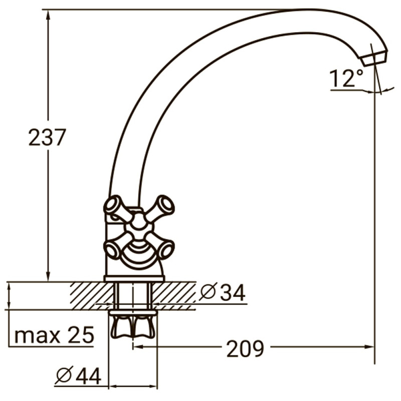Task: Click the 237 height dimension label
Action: pyautogui.click(x=47, y=137)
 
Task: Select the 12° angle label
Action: pyautogui.click(x=346, y=79)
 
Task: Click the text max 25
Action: pyautogui.click(x=54, y=335)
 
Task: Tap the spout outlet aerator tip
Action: pyautogui.click(x=374, y=57)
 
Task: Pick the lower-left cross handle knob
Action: pyautogui.click(x=113, y=248)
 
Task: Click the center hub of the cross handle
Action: pyautogui.click(x=138, y=227)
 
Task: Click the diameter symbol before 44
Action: pyautogui.click(x=65, y=375)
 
